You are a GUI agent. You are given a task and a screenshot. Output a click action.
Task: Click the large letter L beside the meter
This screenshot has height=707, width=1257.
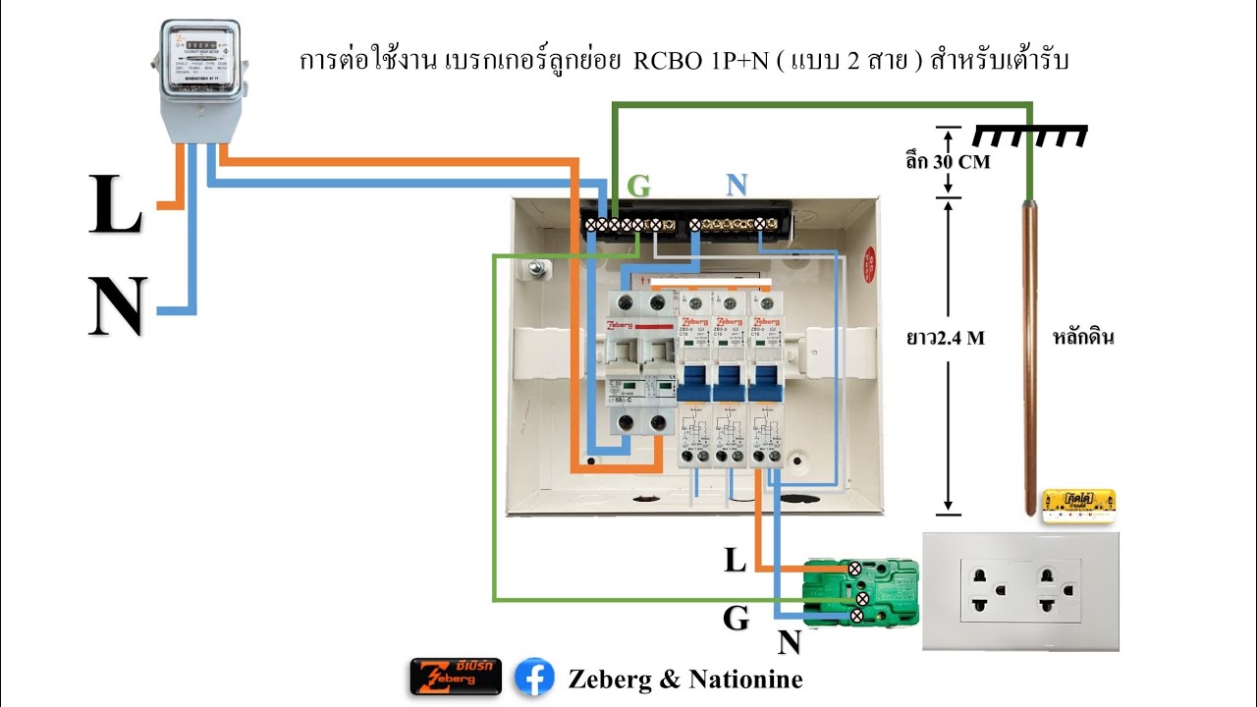115,205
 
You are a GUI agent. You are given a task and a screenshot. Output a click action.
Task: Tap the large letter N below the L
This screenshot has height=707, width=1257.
117,306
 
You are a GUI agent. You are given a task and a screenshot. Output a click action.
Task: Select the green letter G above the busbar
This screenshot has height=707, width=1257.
638,187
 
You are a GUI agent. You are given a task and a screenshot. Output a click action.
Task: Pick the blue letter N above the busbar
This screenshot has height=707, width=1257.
738,187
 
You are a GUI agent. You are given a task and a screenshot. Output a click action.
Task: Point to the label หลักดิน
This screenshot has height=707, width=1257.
1083,338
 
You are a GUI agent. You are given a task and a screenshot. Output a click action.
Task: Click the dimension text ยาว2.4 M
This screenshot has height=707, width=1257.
945,338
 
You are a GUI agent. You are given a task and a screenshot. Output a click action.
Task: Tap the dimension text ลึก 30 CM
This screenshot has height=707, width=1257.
947,162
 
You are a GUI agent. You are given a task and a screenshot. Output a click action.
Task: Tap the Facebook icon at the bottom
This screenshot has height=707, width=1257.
534,678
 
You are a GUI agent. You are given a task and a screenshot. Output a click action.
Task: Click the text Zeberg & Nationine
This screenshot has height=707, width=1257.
684,679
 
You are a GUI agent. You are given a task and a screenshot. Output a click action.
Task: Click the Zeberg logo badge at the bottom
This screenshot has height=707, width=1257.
456,678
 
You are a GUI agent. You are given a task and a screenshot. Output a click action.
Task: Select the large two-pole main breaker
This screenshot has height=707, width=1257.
637,363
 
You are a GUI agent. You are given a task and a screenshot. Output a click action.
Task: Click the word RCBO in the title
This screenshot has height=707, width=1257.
672,61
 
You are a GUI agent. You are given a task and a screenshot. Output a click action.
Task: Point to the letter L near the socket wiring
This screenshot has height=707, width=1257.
735,561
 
